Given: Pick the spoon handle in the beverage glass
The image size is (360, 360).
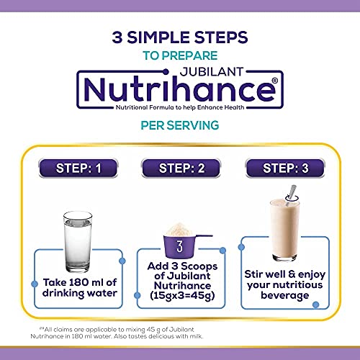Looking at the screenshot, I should [291, 192].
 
